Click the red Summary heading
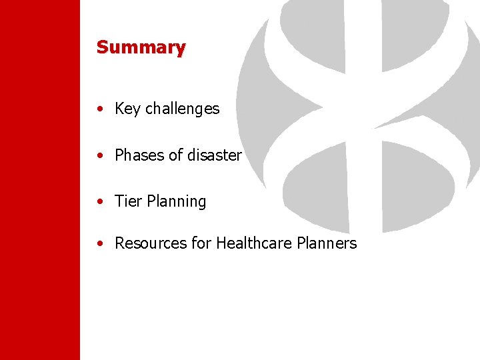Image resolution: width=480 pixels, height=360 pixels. (141, 47)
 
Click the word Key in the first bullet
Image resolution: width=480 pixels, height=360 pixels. (126, 109)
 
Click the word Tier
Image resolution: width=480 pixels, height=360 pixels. (127, 201)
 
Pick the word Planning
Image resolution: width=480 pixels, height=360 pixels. (175, 201)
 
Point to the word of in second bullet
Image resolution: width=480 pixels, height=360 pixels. (175, 155)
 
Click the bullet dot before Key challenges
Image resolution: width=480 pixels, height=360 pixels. (99, 109)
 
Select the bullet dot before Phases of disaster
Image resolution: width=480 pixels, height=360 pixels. (99, 156)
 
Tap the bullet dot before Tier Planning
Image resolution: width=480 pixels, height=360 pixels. (99, 202)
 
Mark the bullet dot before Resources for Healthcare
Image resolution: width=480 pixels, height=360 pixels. (99, 244)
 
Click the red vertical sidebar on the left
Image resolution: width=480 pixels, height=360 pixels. (40, 180)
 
